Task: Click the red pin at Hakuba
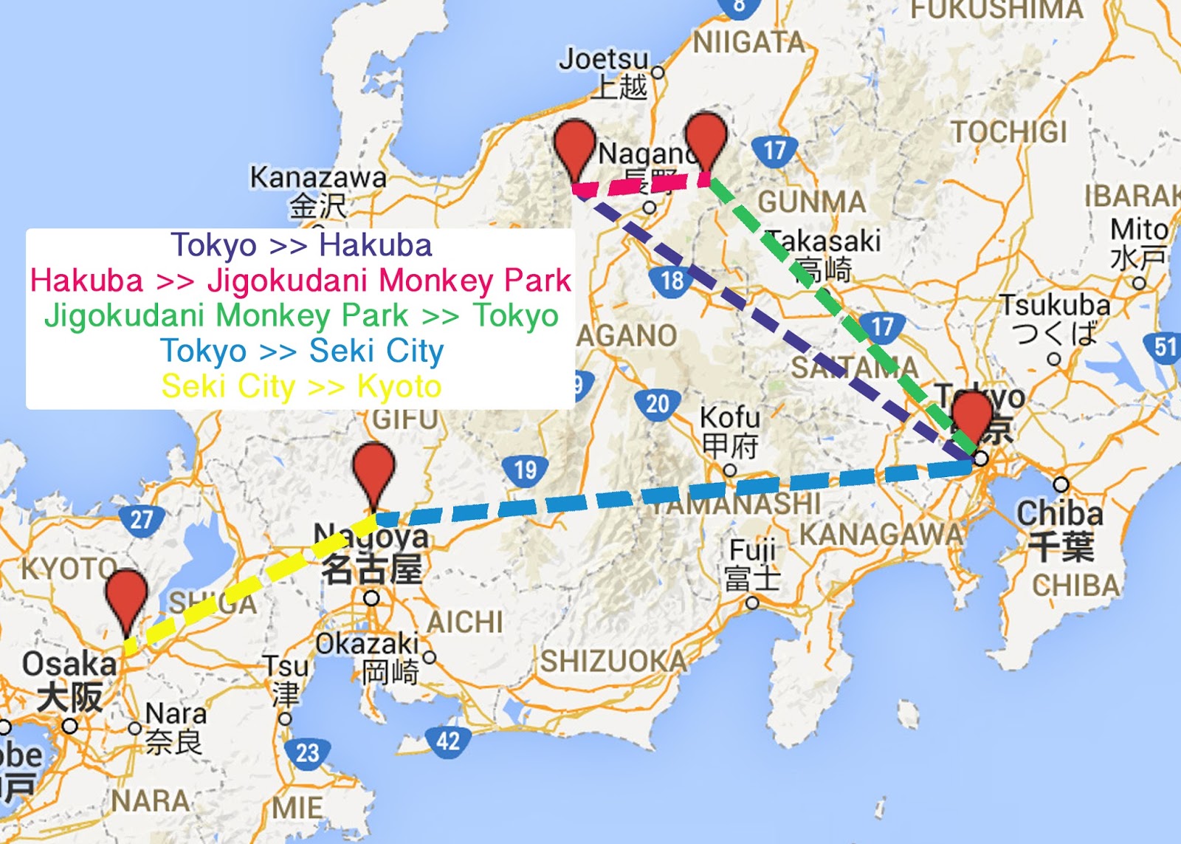[x=575, y=145]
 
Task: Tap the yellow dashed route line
[x=251, y=583]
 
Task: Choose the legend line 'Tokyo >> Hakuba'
[x=301, y=245]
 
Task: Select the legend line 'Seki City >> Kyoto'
[x=301, y=386]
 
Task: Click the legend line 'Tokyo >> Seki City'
[x=301, y=351]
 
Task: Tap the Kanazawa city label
[x=318, y=178]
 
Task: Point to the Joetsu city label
[x=604, y=59]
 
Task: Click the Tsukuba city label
[x=1055, y=305]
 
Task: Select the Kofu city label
[x=729, y=418]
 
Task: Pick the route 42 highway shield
[x=448, y=741]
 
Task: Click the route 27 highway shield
[x=141, y=519]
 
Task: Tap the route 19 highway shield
[x=525, y=470]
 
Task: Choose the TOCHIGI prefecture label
[x=1009, y=133]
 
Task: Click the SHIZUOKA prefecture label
[x=614, y=662]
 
